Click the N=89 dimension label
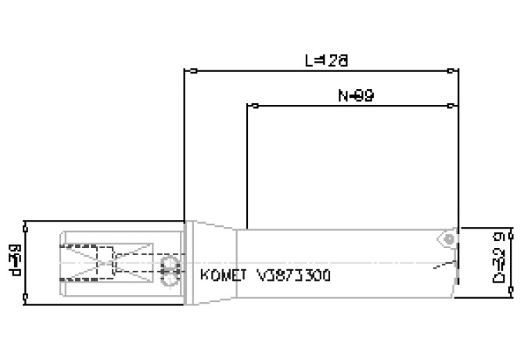tap(356, 95)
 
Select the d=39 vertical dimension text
tap(14, 261)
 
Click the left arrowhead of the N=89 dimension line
tap(250, 106)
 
